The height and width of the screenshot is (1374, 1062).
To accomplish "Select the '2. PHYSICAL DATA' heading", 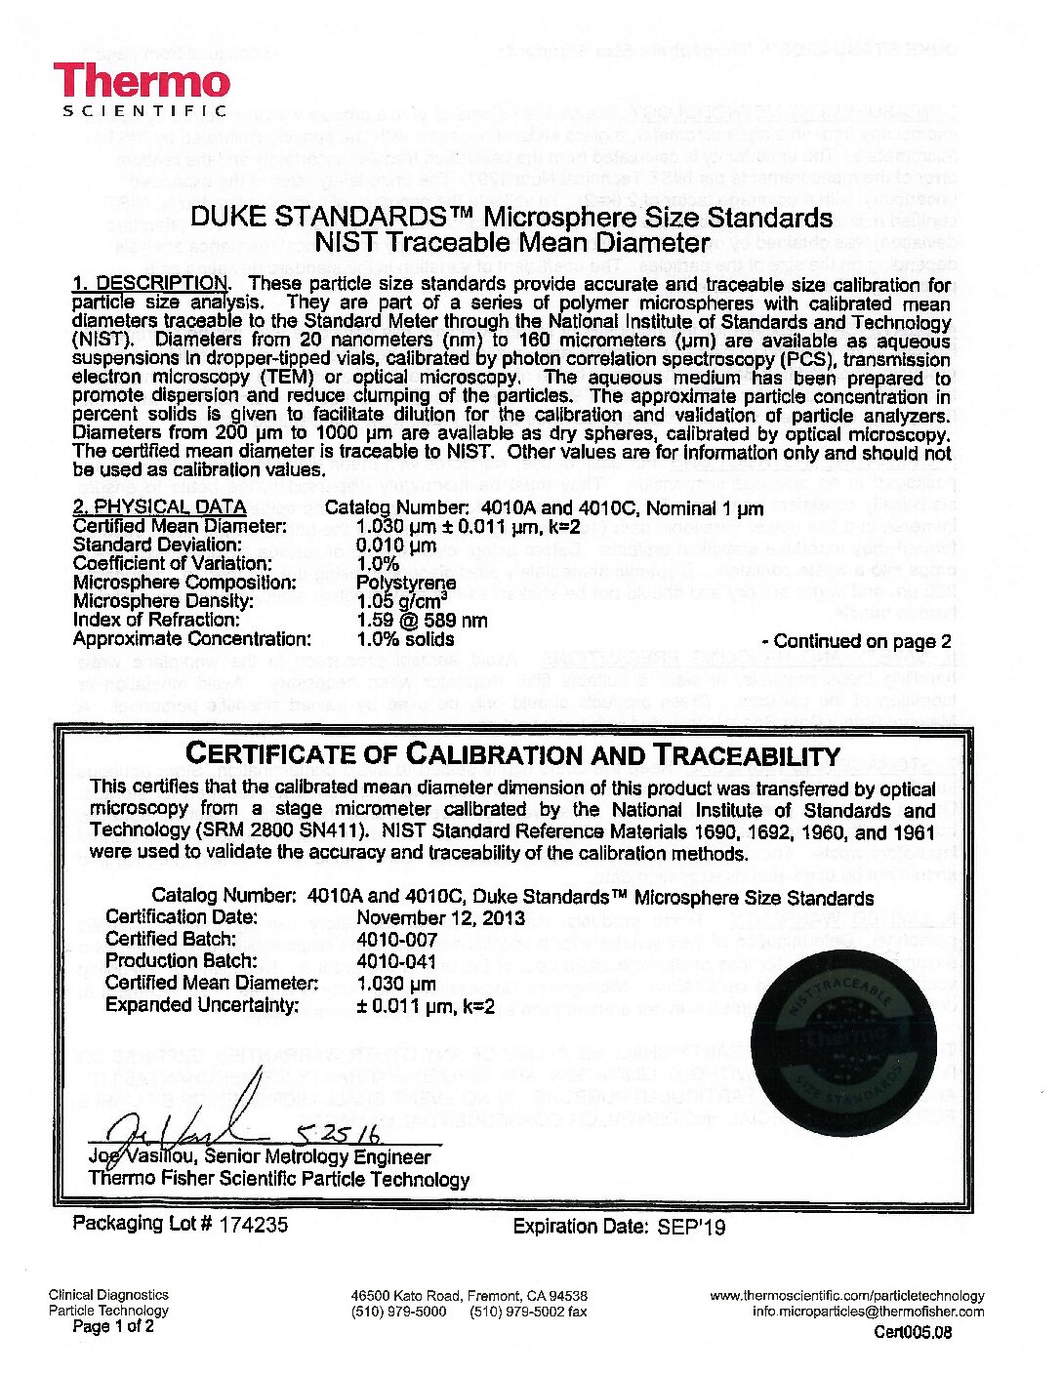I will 160,507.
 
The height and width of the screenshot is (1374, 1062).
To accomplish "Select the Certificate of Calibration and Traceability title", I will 512,754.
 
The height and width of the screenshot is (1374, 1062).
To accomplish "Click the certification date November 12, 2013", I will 441,917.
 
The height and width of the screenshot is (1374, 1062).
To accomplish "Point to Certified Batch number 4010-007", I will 393,939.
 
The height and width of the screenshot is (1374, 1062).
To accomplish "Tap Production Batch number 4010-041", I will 393,960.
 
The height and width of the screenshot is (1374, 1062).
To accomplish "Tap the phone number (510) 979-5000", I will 398,1311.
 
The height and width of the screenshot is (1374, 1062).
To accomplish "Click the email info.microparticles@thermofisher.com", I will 868,1311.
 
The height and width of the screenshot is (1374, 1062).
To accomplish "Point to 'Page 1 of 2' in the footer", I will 113,1326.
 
